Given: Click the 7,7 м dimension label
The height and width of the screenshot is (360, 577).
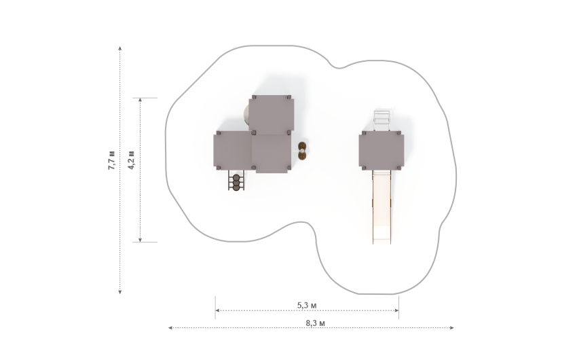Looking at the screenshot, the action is (x=111, y=160).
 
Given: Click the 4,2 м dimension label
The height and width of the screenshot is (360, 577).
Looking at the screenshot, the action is (x=132, y=160).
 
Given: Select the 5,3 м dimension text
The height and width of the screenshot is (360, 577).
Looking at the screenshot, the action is (x=307, y=305).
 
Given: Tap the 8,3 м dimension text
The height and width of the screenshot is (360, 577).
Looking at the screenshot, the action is (x=316, y=323).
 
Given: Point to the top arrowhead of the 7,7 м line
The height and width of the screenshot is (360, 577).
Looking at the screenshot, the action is (x=120, y=48).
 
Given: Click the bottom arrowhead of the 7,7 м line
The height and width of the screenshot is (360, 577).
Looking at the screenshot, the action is (x=120, y=292).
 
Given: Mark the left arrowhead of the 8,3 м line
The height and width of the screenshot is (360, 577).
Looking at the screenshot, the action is (x=170, y=327).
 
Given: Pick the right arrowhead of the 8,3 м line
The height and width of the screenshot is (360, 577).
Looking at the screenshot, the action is (x=452, y=327).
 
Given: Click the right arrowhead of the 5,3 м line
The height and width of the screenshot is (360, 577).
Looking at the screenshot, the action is (x=396, y=310).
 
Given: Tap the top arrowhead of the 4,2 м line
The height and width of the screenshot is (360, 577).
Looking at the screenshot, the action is (x=140, y=100).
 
